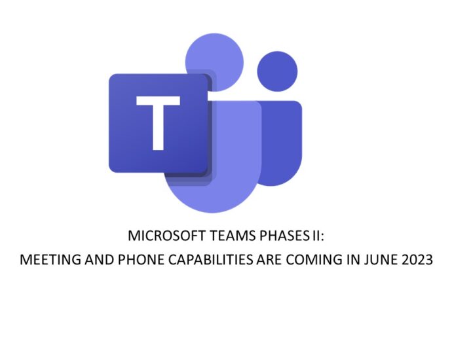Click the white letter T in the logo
[159, 123]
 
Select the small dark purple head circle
[277, 71]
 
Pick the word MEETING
[50, 259]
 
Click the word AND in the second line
[99, 259]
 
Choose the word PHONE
[141, 259]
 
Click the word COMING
[314, 259]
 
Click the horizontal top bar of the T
[159, 100]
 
